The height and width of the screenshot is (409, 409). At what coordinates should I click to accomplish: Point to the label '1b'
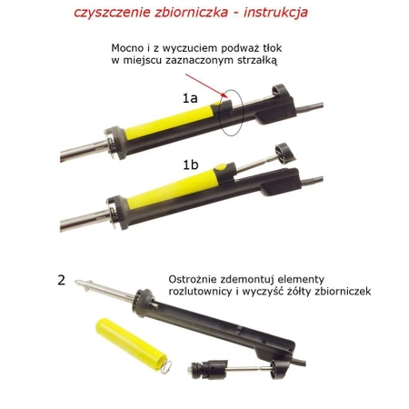189,165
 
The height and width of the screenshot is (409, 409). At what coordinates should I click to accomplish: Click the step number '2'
62,281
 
